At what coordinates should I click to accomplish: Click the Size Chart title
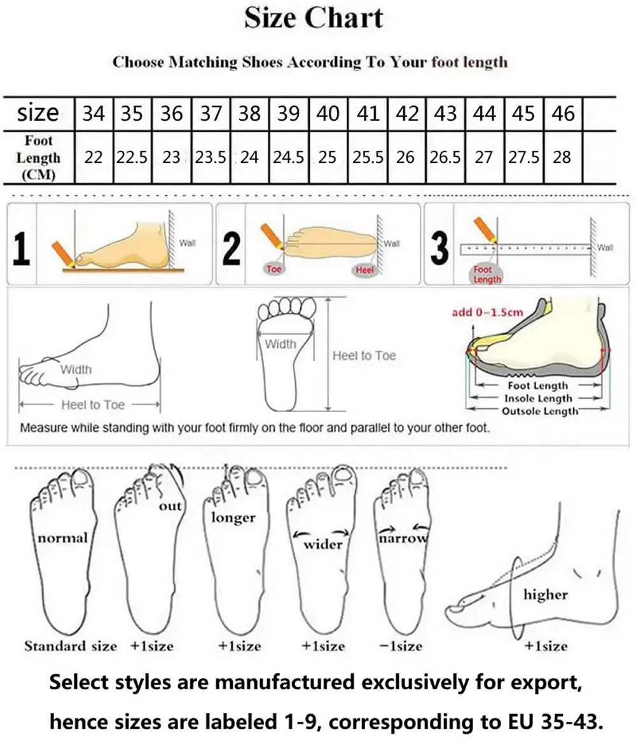click(x=314, y=18)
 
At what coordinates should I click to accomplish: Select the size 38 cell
click(x=249, y=113)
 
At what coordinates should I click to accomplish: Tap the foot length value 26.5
click(x=445, y=157)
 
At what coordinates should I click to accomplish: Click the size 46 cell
click(x=563, y=113)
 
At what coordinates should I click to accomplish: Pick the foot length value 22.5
click(x=132, y=157)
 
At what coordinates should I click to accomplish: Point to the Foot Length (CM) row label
click(x=39, y=157)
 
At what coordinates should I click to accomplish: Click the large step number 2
click(x=232, y=248)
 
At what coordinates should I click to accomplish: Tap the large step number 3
click(x=439, y=248)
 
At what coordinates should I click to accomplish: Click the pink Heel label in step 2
click(x=365, y=270)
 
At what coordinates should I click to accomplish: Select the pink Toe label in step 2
click(x=273, y=269)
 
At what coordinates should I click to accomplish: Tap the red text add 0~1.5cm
click(x=487, y=312)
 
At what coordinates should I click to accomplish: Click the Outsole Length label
click(x=540, y=411)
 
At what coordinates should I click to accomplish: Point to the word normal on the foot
click(x=62, y=539)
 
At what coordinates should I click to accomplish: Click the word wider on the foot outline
click(x=322, y=544)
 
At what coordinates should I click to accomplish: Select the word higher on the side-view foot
click(x=545, y=595)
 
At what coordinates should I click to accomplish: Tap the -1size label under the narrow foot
click(x=401, y=646)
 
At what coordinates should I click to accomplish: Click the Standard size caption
click(x=71, y=646)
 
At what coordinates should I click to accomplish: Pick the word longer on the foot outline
click(x=233, y=518)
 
